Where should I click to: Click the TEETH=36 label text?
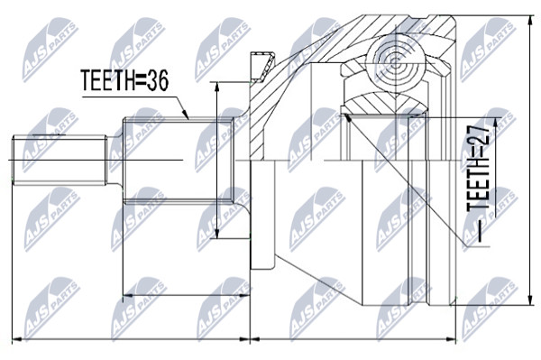pyautogui.click(x=124, y=80)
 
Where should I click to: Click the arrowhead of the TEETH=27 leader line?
pyautogui.click(x=348, y=118)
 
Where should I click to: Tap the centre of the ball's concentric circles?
pyautogui.click(x=396, y=63)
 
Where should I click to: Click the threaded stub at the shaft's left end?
pyautogui.click(x=60, y=160)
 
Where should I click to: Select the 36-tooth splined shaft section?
pyautogui.click(x=179, y=160)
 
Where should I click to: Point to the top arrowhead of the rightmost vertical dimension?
pyautogui.click(x=530, y=21)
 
